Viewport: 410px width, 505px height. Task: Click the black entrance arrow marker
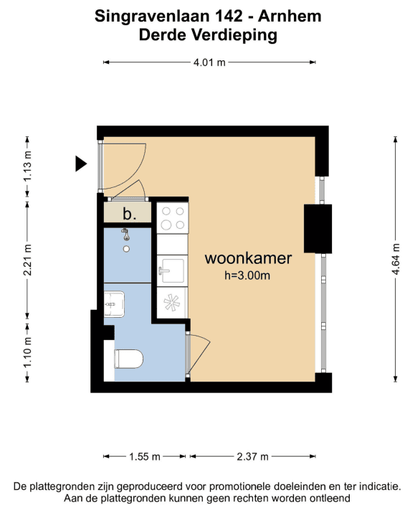pos(80,164)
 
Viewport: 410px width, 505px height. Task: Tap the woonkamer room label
pos(248,258)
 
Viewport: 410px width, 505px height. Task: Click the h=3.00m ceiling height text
pos(247,275)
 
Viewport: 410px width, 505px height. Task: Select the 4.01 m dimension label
pos(209,62)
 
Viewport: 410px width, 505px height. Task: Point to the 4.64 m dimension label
pos(396,259)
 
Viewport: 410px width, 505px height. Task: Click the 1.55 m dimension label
pos(145,456)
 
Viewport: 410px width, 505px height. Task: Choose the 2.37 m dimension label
pos(252,456)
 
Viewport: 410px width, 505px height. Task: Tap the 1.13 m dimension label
pos(27,166)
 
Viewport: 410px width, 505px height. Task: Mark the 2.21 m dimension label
pos(27,260)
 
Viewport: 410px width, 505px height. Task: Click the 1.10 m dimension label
pos(27,352)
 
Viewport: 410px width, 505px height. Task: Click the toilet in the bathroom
pos(129,359)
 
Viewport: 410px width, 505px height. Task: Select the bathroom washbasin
pos(114,303)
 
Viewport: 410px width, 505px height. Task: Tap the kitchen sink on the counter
pos(172,270)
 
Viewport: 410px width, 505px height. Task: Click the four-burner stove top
pos(173,218)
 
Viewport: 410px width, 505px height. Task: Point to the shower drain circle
pos(126,249)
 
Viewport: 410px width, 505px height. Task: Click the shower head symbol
pos(126,234)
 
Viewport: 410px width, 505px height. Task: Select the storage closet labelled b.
pos(128,212)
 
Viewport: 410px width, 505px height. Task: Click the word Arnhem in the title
pos(290,16)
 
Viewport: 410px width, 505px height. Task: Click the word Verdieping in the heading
pos(234,34)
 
